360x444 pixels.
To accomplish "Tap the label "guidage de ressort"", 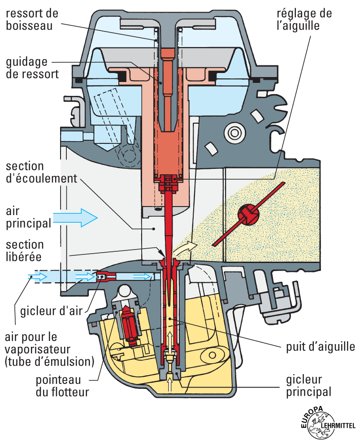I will click(x=31, y=67).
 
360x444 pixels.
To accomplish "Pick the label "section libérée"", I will click(x=25, y=251).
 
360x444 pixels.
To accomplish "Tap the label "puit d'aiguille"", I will click(x=320, y=346).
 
